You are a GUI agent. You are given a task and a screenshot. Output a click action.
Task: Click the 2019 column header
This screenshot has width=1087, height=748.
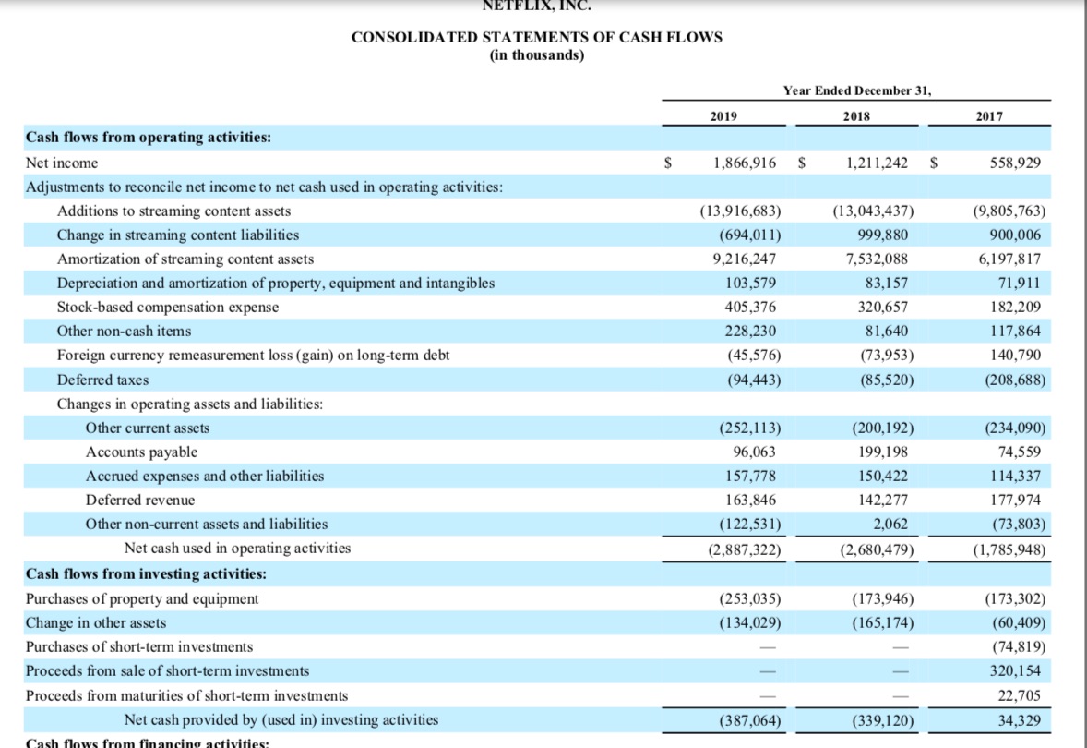pos(724,117)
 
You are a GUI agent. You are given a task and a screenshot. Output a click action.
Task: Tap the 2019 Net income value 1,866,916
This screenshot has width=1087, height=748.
pos(745,163)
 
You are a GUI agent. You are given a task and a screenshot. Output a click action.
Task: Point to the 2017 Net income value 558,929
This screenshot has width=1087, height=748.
pos(1014,163)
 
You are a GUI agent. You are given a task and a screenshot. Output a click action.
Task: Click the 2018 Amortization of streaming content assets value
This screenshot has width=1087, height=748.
pos(877,259)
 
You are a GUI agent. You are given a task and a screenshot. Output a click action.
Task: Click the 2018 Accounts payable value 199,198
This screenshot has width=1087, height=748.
pos(882,452)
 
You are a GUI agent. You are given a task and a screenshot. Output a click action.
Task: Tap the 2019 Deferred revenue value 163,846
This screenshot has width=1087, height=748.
pos(751,500)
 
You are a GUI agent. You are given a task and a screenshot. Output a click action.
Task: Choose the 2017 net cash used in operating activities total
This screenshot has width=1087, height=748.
pos(1009,549)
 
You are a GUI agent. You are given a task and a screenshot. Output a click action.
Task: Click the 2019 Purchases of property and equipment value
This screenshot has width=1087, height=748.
pos(748,598)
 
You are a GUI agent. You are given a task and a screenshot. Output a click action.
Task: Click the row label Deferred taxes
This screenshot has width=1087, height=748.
pos(102,380)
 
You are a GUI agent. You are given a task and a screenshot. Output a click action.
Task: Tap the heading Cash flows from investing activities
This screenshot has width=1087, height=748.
pos(146,573)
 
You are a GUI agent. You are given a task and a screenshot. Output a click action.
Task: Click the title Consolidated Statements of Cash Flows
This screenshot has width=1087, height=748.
pos(537,37)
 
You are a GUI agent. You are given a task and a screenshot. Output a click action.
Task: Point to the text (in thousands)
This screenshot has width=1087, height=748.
pos(537,54)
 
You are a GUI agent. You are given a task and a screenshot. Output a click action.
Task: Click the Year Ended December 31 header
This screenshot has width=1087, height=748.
pos(857,90)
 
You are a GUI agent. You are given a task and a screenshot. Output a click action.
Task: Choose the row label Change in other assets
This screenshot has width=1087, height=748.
pos(95,622)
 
